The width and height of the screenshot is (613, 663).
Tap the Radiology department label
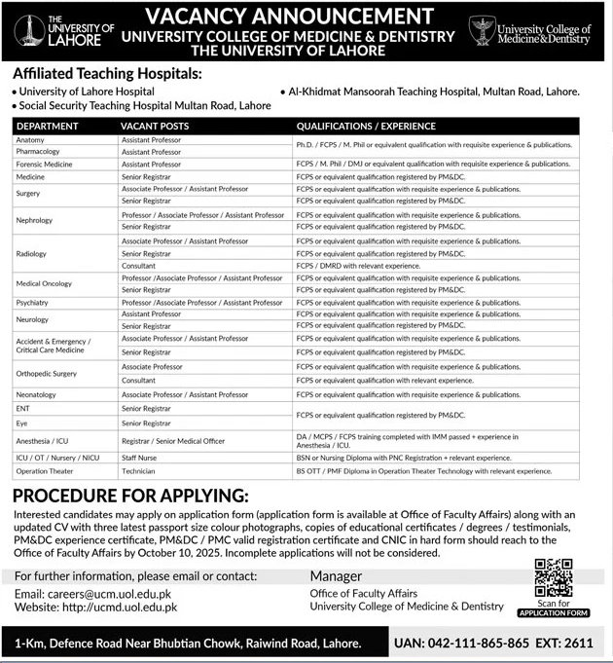(x=31, y=253)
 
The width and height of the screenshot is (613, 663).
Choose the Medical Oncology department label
(x=44, y=283)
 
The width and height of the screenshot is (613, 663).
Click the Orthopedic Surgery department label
(x=46, y=373)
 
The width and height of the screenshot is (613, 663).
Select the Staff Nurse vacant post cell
(x=142, y=457)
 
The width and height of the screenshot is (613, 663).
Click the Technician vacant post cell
(x=140, y=470)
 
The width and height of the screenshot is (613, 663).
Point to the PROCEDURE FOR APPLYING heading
(x=130, y=495)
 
